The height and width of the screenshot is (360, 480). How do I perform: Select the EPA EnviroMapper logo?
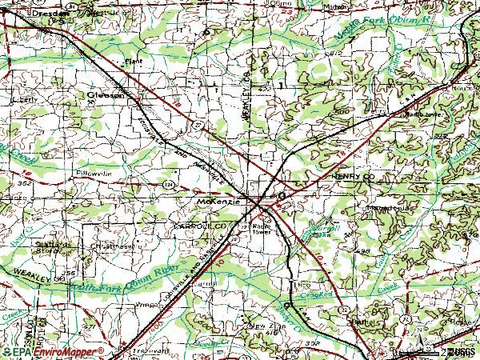pos(53,351)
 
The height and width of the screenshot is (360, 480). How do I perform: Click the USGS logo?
pos(463,351)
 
